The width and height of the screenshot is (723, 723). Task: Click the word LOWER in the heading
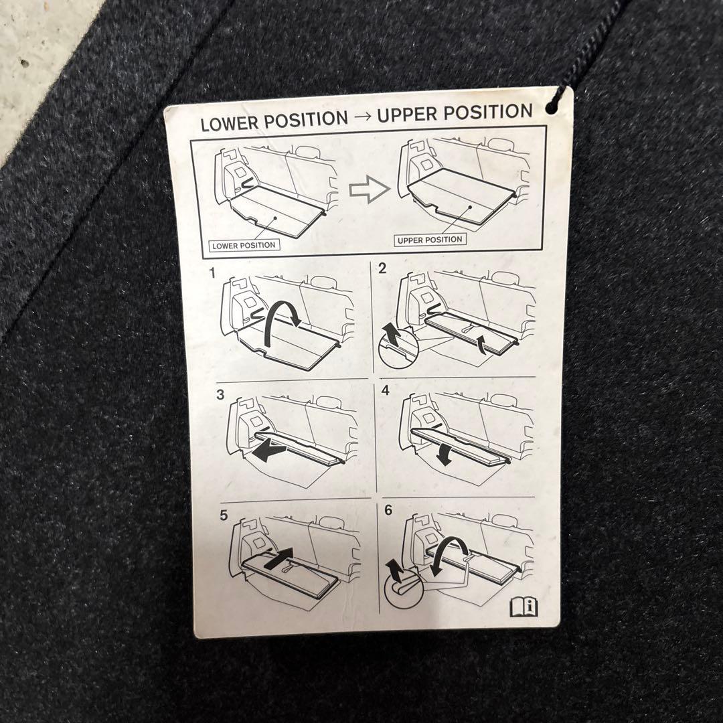pyautogui.click(x=229, y=123)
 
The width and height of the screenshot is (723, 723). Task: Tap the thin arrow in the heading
pyautogui.click(x=363, y=117)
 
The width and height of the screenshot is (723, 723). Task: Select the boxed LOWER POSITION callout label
pyautogui.click(x=244, y=245)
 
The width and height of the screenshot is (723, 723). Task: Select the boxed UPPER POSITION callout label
pyautogui.click(x=430, y=240)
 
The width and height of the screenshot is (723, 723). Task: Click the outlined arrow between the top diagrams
pyautogui.click(x=369, y=189)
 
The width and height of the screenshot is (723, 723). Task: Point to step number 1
pyautogui.click(x=213, y=273)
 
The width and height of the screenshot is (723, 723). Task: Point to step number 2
pyautogui.click(x=382, y=268)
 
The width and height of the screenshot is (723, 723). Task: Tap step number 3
pyautogui.click(x=220, y=395)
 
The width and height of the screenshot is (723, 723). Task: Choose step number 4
pyautogui.click(x=386, y=390)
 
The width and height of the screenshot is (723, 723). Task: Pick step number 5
pyautogui.click(x=224, y=515)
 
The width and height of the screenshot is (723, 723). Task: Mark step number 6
pyautogui.click(x=388, y=510)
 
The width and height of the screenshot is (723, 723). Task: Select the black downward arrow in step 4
pyautogui.click(x=444, y=454)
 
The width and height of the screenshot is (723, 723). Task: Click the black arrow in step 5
pyautogui.click(x=278, y=558)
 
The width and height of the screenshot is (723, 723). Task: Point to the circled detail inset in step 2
pyautogui.click(x=398, y=348)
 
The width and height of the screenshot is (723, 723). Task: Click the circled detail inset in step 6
pyautogui.click(x=403, y=589)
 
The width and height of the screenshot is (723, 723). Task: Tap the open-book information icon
pyautogui.click(x=524, y=607)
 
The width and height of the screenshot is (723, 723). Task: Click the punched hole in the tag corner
pyautogui.click(x=551, y=108)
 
